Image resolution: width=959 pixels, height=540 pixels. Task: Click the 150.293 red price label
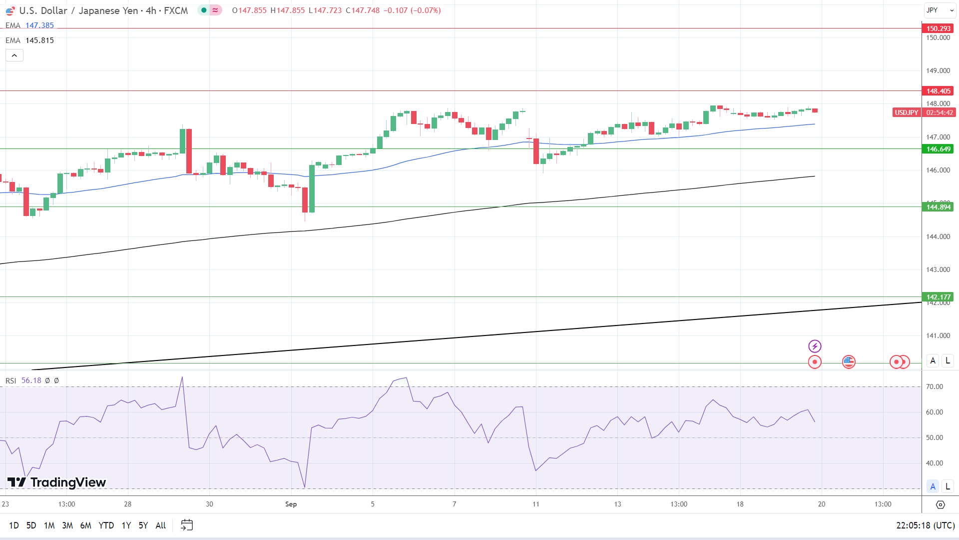click(x=938, y=28)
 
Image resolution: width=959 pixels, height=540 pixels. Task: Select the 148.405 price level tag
click(x=938, y=91)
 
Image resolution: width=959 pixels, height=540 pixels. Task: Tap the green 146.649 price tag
click(x=938, y=149)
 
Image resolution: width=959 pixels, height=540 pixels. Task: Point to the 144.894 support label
click(x=938, y=207)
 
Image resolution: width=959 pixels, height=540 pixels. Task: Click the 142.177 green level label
click(x=938, y=297)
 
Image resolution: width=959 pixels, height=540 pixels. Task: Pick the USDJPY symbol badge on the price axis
click(x=906, y=112)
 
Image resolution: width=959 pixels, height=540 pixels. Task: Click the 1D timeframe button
click(x=13, y=525)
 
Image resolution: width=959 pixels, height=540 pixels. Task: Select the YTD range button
click(x=106, y=525)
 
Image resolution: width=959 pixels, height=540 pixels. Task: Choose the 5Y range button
click(x=143, y=525)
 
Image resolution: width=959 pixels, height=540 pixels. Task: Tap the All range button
click(x=160, y=525)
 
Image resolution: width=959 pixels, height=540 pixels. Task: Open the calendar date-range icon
click(x=187, y=525)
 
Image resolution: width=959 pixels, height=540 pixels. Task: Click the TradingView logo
click(x=56, y=482)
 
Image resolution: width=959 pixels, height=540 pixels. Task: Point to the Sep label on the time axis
click(x=291, y=504)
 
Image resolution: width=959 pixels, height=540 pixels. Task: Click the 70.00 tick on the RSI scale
click(x=934, y=386)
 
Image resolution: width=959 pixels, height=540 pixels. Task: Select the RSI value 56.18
click(x=31, y=380)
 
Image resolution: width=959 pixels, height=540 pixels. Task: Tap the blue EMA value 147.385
click(x=39, y=25)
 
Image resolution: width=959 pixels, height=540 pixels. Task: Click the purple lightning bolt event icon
click(x=815, y=346)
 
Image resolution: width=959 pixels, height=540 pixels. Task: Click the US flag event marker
click(x=849, y=361)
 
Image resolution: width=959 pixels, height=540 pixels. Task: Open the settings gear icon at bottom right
click(x=940, y=504)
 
